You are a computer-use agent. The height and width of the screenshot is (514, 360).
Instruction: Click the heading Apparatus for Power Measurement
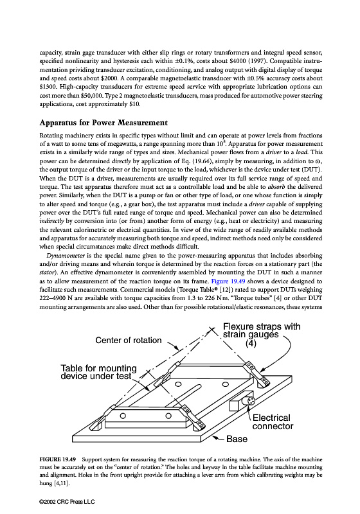coord(104,123)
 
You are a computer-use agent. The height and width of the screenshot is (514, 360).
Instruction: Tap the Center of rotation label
coord(129,341)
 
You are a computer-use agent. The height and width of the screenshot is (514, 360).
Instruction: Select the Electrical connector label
coord(273,422)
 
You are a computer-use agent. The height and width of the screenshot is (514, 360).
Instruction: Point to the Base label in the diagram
coord(237,439)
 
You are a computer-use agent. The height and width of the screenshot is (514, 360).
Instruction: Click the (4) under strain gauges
coord(251,343)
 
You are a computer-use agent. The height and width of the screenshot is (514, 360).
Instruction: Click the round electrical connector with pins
coord(250,401)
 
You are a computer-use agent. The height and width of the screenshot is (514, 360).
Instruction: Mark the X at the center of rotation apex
coord(212,329)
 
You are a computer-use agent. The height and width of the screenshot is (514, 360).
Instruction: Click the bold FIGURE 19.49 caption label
coord(58,459)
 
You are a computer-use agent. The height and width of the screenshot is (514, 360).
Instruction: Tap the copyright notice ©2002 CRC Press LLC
coord(67,502)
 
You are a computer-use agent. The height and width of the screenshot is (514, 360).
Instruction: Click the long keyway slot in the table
coord(185,392)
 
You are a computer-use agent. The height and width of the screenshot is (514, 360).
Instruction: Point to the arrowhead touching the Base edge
coord(215,438)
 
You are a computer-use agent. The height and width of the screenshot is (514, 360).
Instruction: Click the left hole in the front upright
coord(123,416)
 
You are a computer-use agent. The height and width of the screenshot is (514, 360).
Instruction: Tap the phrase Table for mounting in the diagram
coord(99,368)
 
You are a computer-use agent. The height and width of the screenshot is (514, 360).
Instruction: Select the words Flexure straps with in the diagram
coord(262,326)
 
